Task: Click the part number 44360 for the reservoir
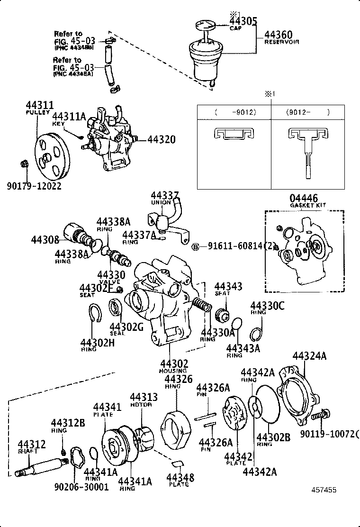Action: [x=278, y=35]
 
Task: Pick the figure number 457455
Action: [x=324, y=490]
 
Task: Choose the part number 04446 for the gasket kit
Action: [x=304, y=198]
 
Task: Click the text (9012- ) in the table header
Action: [x=307, y=113]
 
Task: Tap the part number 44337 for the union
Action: [x=165, y=196]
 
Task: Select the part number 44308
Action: [x=45, y=240]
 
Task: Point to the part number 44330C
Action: [x=267, y=306]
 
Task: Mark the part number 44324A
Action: [x=309, y=356]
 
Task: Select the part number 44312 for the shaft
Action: [x=32, y=444]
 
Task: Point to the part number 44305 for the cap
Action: [x=243, y=21]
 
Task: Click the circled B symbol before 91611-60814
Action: [x=194, y=246]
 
